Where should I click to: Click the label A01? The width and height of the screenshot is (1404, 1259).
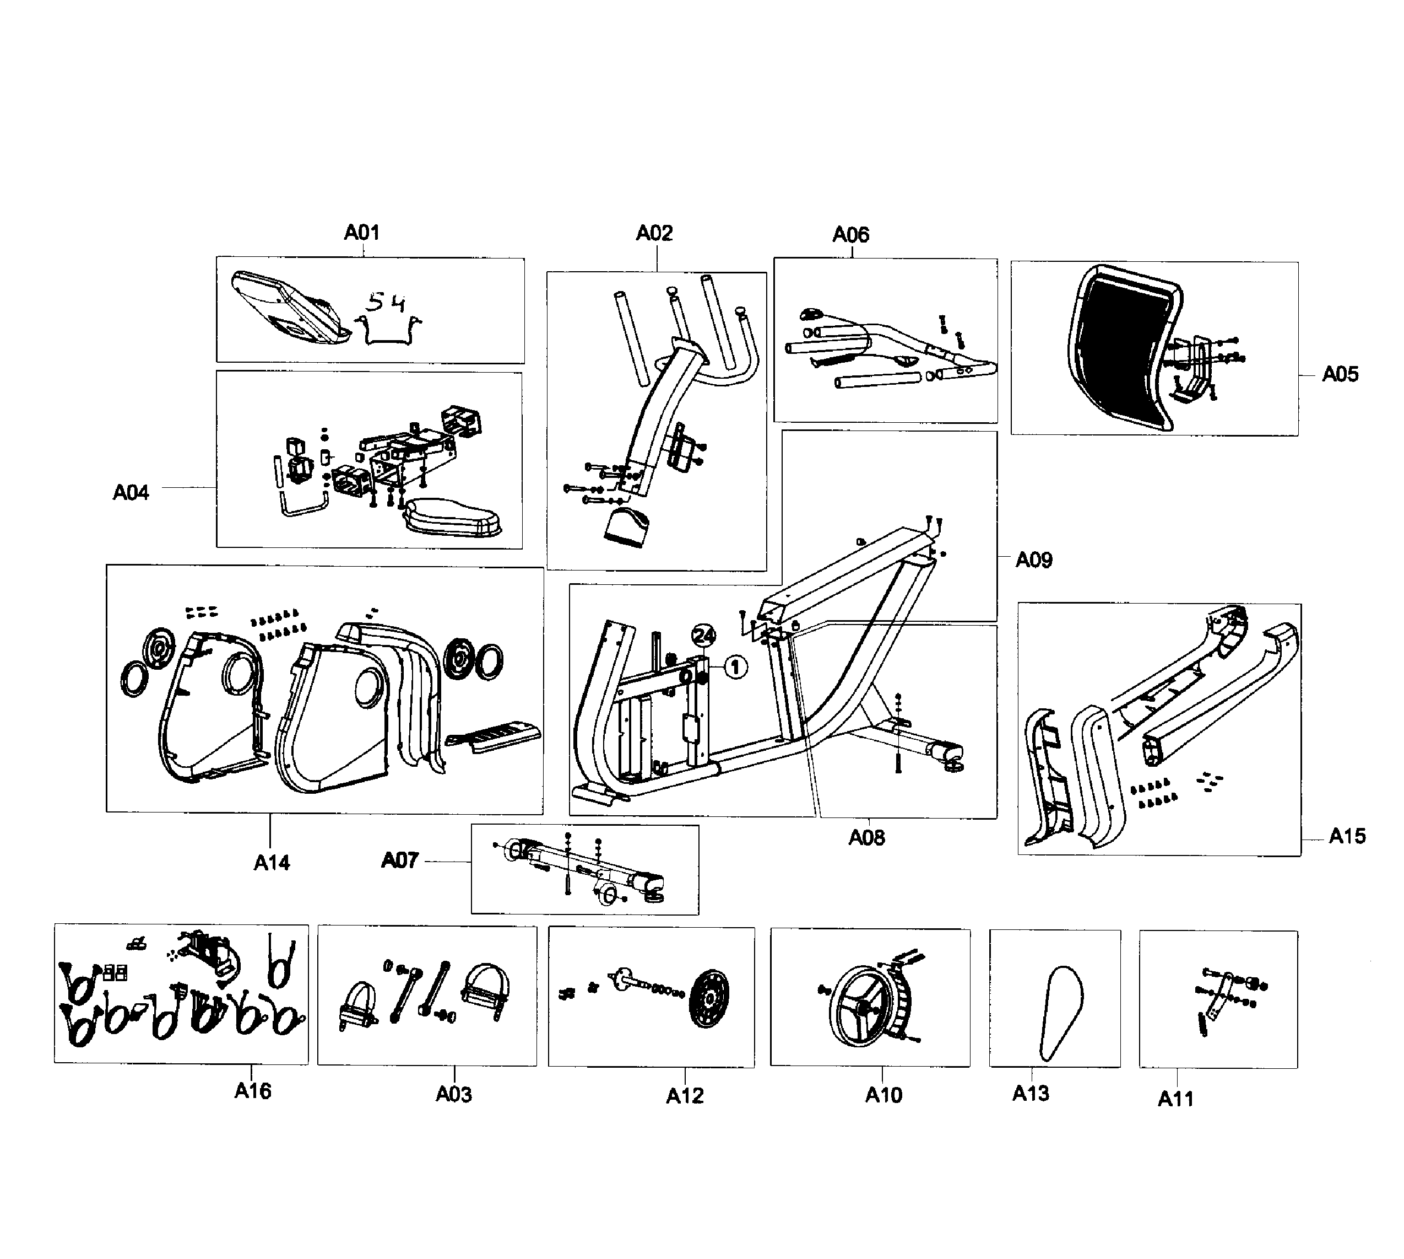coord(361,233)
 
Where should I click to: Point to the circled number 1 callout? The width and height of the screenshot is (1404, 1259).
coord(735,667)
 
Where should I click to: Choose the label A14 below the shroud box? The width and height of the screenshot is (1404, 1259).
coord(272,863)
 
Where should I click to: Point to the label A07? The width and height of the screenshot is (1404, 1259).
coord(399,860)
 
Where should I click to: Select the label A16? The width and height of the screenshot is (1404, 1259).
coord(252,1091)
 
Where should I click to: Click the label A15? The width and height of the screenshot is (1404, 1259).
coord(1347,836)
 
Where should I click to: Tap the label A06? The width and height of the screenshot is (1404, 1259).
coord(850,234)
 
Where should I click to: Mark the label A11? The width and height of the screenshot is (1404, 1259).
coord(1175,1099)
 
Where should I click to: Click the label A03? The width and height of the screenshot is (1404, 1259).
coord(453,1094)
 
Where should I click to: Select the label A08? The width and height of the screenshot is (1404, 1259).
coord(866,838)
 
